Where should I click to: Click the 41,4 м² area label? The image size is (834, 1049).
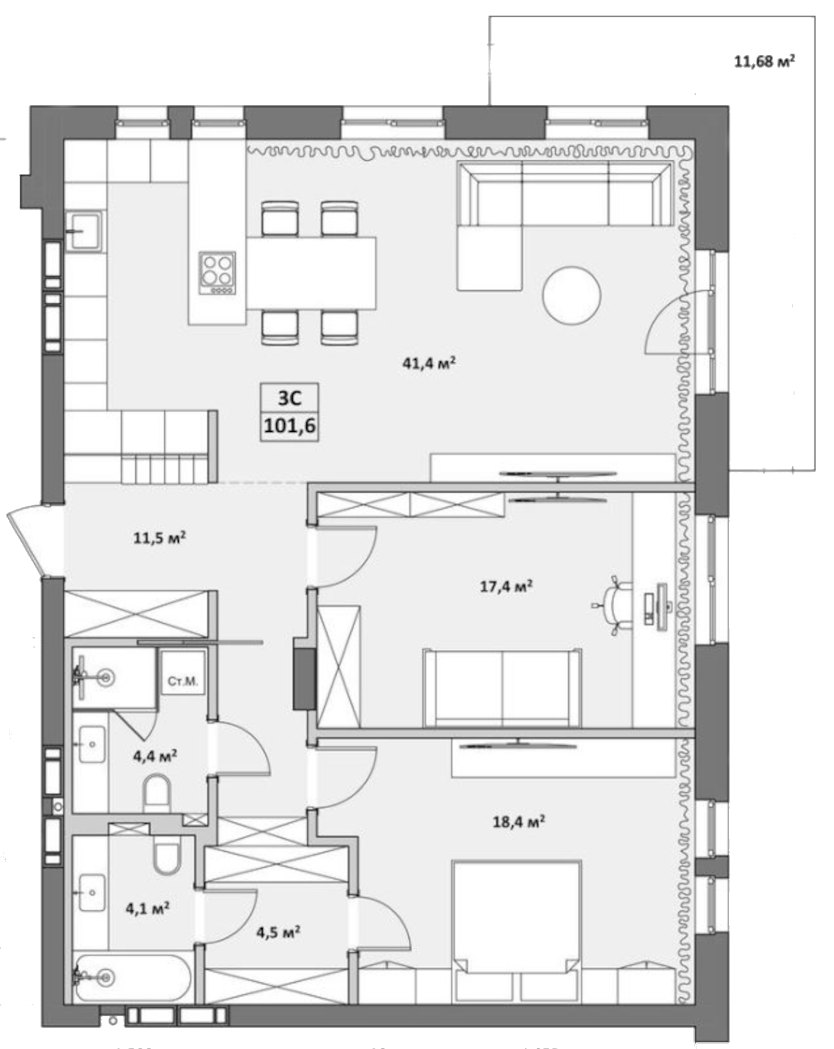pos(429,363)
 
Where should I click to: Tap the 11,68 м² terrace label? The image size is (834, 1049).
pos(764,61)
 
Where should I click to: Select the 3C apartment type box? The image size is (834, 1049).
pos(290,398)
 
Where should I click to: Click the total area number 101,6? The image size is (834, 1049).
pos(290,427)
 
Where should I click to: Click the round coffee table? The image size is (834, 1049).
pos(571,295)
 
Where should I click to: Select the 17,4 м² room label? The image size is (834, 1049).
pos(506,587)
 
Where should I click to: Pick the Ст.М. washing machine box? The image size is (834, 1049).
pos(183,681)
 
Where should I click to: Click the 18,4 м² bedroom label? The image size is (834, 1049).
pos(519,822)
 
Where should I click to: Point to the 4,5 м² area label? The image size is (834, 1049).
pos(278,931)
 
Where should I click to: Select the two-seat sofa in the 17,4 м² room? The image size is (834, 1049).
pos(502,688)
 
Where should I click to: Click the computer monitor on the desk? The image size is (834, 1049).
pos(661,606)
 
